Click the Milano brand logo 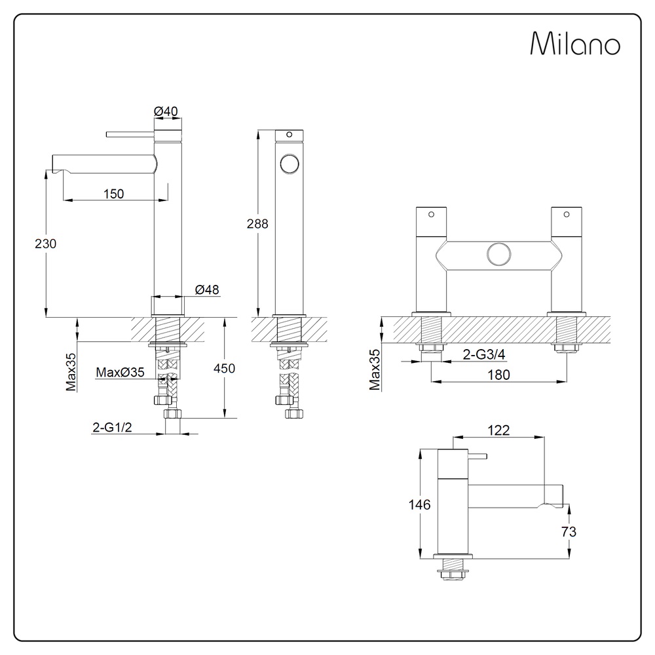pos(575,43)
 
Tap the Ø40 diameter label pos(166,111)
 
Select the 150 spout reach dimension pos(113,194)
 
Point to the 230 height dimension pos(46,244)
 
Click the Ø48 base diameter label pos(207,290)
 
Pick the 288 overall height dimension pos(257,224)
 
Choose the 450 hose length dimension pos(224,368)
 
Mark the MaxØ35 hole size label pos(121,372)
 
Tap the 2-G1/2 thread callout pos(113,427)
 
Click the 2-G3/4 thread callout pos(484,354)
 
